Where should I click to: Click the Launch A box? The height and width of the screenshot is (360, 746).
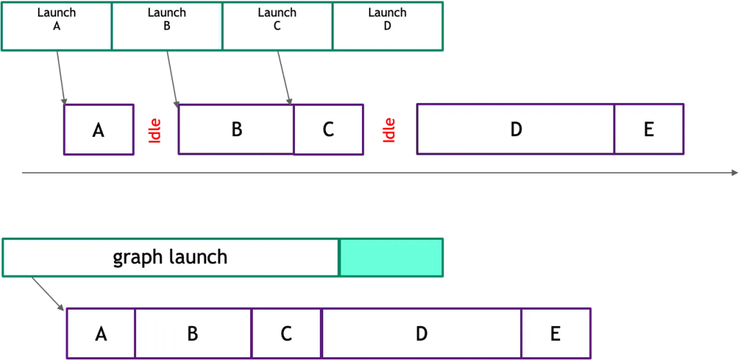57,26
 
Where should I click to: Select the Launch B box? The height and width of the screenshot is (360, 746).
167,26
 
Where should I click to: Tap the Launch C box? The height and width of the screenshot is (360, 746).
278,26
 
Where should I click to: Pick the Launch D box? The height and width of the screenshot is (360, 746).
388,26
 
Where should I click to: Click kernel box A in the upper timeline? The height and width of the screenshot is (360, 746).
99,129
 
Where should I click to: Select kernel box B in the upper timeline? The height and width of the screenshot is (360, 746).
236,129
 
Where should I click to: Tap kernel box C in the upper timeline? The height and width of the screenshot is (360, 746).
329,129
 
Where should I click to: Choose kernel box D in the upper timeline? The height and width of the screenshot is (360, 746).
515,129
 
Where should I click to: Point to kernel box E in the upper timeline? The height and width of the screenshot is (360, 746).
649,129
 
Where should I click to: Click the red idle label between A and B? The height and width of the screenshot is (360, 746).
155,131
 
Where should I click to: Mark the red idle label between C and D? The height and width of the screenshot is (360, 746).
390,130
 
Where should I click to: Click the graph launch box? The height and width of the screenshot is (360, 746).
171,258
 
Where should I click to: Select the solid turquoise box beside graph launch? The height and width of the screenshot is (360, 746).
391,258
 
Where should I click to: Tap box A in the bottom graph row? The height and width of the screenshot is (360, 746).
101,334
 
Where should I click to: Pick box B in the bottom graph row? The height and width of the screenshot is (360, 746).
193,334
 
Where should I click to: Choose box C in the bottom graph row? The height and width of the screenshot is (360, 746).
287,334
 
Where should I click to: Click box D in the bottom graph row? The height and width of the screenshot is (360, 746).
421,334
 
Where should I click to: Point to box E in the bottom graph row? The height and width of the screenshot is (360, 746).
555,334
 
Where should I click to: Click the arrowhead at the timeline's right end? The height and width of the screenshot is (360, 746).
735,173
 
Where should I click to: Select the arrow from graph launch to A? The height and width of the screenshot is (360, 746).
47,293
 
